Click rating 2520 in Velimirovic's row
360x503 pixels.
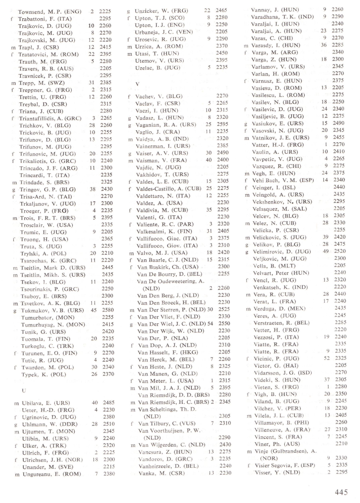click(x=339, y=251)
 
